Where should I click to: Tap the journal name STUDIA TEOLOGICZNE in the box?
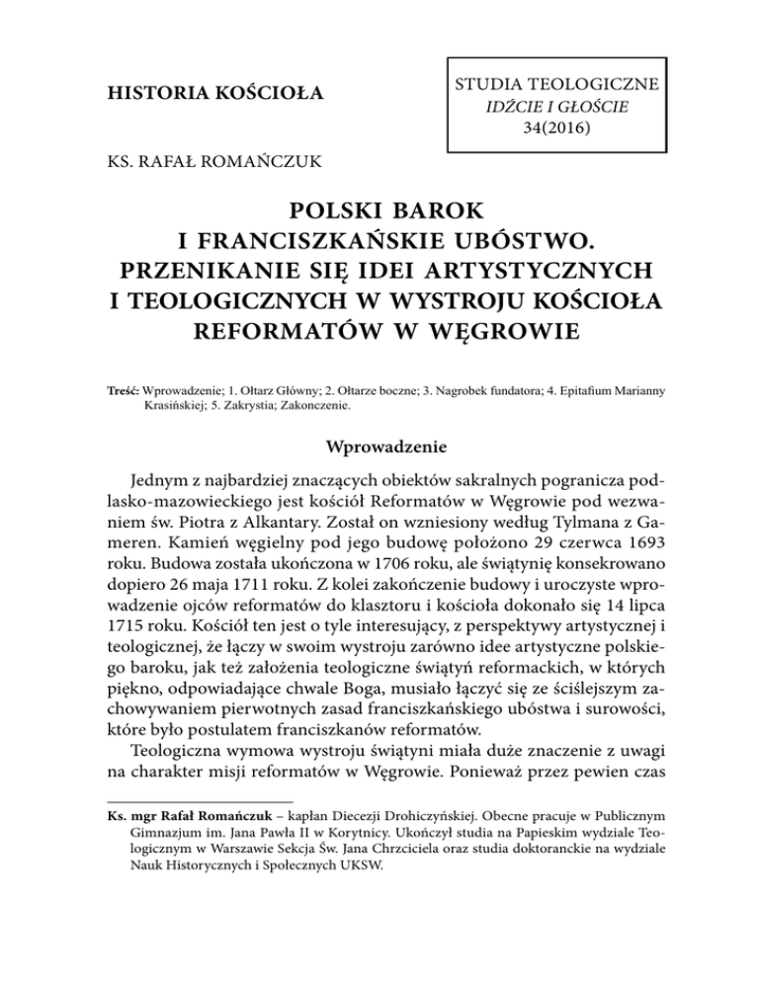550,79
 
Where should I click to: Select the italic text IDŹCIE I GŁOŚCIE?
550,104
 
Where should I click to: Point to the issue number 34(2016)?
550,128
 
